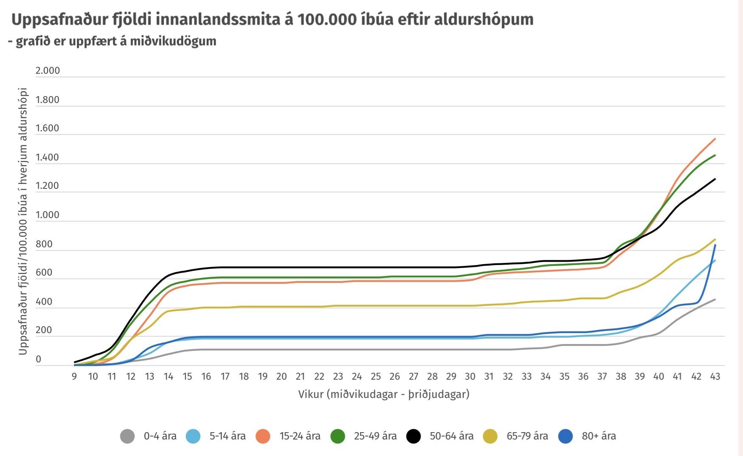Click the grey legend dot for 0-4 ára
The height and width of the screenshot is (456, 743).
[128, 436]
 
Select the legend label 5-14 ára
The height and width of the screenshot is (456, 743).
[227, 436]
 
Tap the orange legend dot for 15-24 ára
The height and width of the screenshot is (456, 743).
[263, 436]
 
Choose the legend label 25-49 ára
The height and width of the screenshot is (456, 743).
[375, 436]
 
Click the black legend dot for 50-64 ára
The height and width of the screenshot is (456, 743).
[414, 436]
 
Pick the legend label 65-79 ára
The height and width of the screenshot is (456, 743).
[527, 436]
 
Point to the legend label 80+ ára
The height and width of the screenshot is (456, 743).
[599, 436]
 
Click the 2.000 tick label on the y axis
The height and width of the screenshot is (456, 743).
[48, 71]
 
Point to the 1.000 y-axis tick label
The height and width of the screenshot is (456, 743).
[48, 215]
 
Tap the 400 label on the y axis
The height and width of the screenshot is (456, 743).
[44, 302]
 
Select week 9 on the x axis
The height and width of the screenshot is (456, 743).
[74, 376]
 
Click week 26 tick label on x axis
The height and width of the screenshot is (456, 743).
[394, 376]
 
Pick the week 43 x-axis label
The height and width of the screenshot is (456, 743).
[715, 376]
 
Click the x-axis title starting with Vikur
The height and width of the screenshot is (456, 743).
[384, 394]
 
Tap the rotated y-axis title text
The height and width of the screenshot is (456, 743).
[23, 221]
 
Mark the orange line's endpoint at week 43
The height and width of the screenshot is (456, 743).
[715, 139]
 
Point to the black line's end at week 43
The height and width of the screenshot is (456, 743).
[715, 179]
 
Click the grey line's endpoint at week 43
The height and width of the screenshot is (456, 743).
[715, 299]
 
